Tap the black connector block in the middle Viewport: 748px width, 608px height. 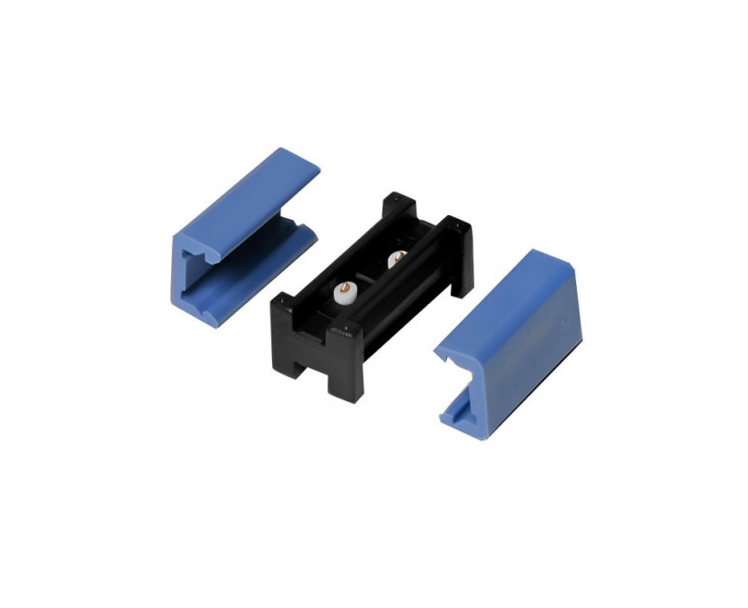point(374,299)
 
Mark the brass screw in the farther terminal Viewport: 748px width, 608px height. point(396,253)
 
